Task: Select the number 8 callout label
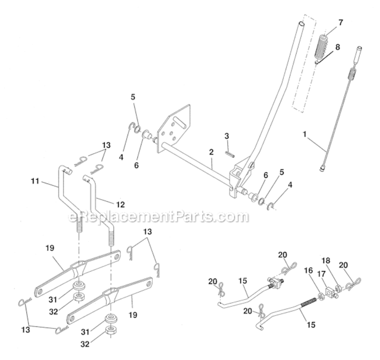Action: pyautogui.click(x=338, y=47)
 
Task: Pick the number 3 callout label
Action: pyautogui.click(x=227, y=136)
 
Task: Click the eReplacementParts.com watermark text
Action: pyautogui.click(x=159, y=217)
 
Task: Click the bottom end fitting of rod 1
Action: pyautogui.click(x=321, y=167)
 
